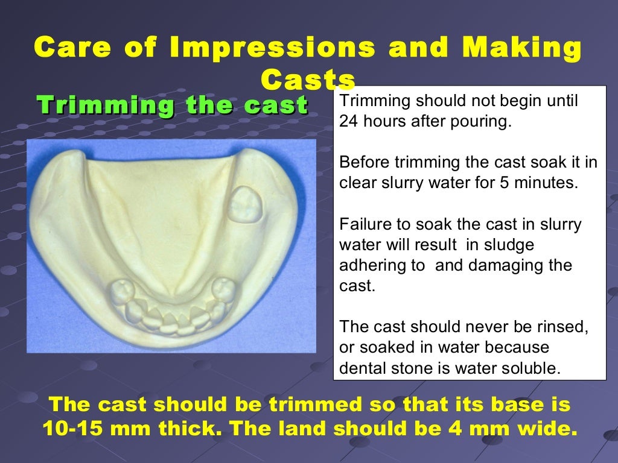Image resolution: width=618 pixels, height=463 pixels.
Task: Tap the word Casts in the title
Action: [x=308, y=80]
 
